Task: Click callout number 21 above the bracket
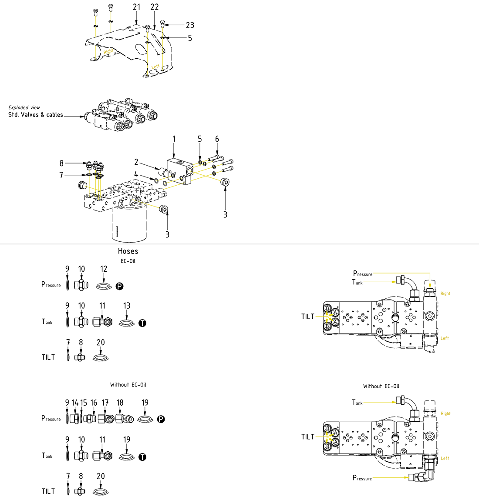pyautogui.click(x=137, y=7)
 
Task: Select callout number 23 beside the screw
pyautogui.click(x=190, y=25)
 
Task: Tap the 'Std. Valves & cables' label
pyautogui.click(x=36, y=115)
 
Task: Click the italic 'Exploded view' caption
pyautogui.click(x=24, y=107)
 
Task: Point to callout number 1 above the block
pyautogui.click(x=174, y=139)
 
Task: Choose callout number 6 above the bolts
pyautogui.click(x=217, y=139)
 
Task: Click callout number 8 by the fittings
pyautogui.click(x=61, y=163)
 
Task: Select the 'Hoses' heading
pyautogui.click(x=128, y=251)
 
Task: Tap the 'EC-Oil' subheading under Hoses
pyautogui.click(x=128, y=261)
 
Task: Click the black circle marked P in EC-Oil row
pyautogui.click(x=120, y=286)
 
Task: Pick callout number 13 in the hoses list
pyautogui.click(x=127, y=306)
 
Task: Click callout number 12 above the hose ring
pyautogui.click(x=104, y=269)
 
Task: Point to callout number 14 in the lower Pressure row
pyautogui.click(x=75, y=403)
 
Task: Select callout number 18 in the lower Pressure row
pyautogui.click(x=120, y=403)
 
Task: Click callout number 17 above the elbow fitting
pyautogui.click(x=105, y=403)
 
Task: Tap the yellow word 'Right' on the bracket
pyautogui.click(x=108, y=51)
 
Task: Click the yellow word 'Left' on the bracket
pyautogui.click(x=155, y=67)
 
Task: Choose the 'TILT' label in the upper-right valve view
pyautogui.click(x=308, y=317)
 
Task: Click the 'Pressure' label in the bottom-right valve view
pyautogui.click(x=362, y=478)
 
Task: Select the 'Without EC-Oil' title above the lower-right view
pyautogui.click(x=381, y=386)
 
